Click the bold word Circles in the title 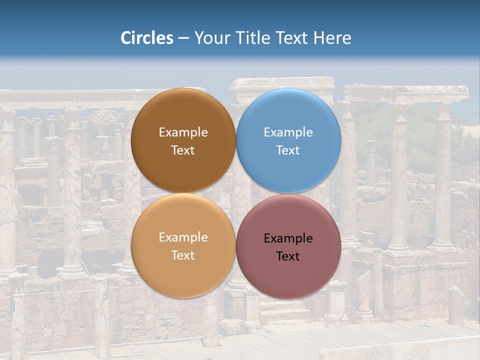[147, 38]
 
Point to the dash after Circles [183, 38]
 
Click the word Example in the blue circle [288, 132]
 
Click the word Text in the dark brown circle [183, 150]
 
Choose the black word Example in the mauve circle [288, 238]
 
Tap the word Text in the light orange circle [183, 255]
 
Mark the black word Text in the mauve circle [288, 256]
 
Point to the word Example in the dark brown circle [183, 132]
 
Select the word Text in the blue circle [288, 150]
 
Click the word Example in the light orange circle [183, 237]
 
